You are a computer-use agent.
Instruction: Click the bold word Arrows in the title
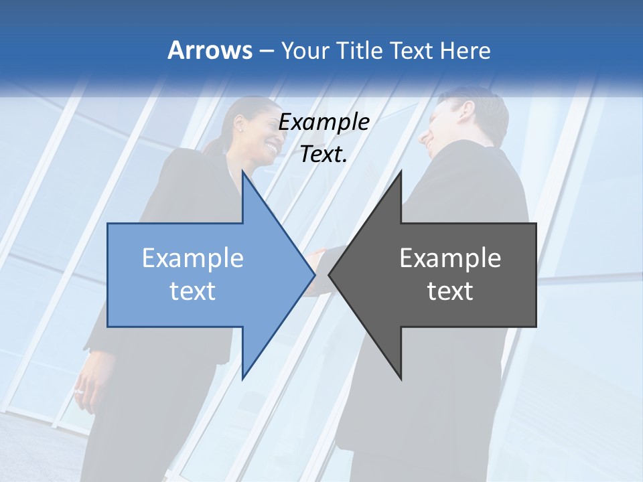point(210,50)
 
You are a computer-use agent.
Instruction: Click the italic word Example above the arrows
point(324,123)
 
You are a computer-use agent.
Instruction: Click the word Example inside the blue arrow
point(193,258)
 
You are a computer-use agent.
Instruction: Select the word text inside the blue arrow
point(193,291)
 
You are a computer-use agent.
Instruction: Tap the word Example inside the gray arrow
point(450,258)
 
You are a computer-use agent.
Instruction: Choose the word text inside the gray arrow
point(450,291)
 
